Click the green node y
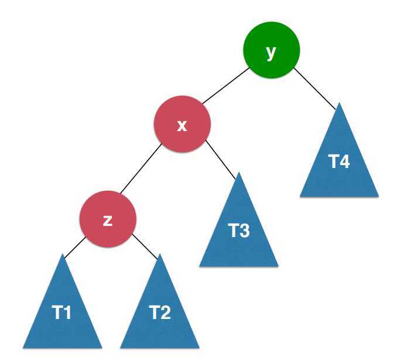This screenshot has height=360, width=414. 271,50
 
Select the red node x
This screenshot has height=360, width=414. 182,124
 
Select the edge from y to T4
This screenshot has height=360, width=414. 315,87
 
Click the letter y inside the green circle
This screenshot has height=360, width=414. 271,52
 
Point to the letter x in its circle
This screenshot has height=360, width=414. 182,125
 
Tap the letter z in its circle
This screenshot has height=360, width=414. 107,220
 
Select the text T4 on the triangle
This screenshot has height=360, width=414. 339,162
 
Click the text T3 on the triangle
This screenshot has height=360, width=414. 239,231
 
